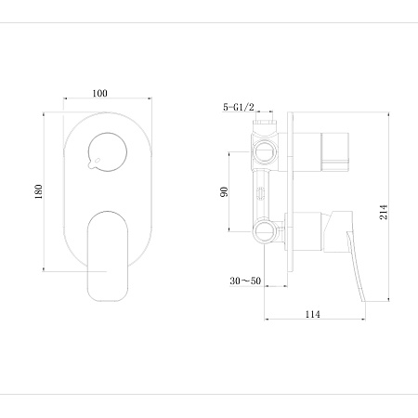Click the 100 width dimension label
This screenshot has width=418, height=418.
(99, 93)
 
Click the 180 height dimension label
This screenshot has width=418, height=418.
(38, 191)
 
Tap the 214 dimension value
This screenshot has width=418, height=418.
(384, 212)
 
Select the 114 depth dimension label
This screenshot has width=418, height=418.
(313, 314)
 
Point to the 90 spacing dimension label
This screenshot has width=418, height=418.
(224, 192)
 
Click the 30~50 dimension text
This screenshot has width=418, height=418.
(245, 281)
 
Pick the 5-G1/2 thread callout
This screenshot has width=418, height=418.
(239, 107)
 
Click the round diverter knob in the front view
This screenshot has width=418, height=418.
(108, 152)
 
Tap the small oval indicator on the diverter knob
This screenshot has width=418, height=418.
(98, 160)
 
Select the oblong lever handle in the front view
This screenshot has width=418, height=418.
(108, 256)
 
